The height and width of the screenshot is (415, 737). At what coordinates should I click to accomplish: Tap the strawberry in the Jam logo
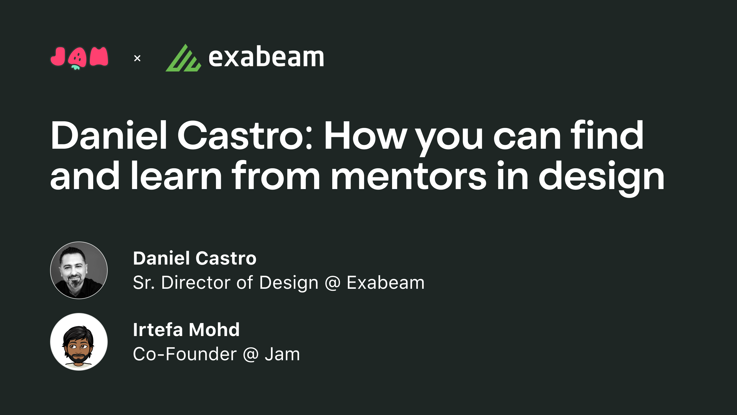[77, 59]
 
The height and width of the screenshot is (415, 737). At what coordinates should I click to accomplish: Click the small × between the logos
[137, 59]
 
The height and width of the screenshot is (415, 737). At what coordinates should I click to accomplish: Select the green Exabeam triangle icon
[183, 59]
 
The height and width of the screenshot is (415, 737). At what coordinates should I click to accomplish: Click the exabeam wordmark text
[266, 57]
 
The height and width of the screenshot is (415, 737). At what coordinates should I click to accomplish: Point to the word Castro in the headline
[245, 135]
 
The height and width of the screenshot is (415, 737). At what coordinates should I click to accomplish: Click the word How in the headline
[366, 135]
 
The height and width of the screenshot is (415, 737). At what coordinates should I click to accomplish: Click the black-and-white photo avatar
[79, 270]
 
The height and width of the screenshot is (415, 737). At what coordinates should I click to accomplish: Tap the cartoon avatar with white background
[79, 342]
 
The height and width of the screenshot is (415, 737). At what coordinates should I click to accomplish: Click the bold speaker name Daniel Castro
[195, 258]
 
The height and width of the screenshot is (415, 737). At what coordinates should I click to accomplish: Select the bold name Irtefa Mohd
[186, 330]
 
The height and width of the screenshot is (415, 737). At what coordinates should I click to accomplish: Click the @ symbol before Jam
[251, 354]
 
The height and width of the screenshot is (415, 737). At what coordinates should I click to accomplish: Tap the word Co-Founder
[185, 354]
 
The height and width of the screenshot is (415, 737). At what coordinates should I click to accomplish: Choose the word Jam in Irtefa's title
[282, 354]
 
